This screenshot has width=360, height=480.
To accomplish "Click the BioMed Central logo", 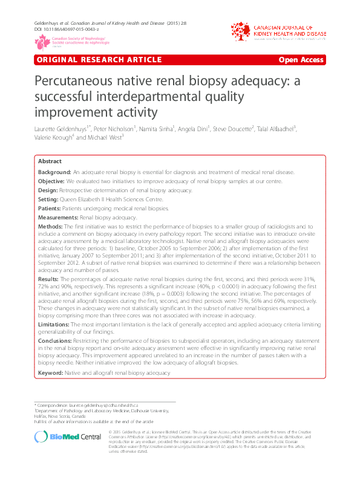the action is click(x=67, y=436).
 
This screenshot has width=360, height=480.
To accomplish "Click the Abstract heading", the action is click(x=50, y=161).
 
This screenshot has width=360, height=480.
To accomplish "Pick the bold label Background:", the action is click(x=54, y=172).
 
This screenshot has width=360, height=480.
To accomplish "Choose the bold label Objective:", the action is click(x=51, y=181).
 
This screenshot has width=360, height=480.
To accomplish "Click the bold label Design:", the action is click(x=48, y=190).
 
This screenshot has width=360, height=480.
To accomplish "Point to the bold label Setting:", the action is click(x=49, y=199).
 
